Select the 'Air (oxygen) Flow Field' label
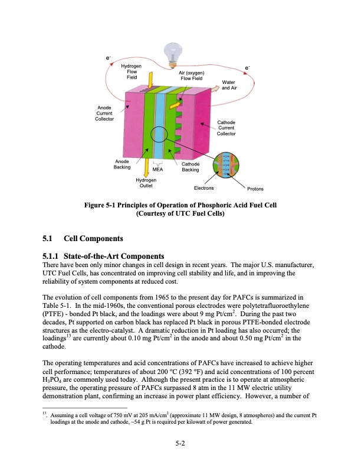(192, 75)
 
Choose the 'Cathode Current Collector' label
(226, 128)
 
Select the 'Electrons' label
(204, 189)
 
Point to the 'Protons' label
(255, 189)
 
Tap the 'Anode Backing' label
(123, 164)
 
